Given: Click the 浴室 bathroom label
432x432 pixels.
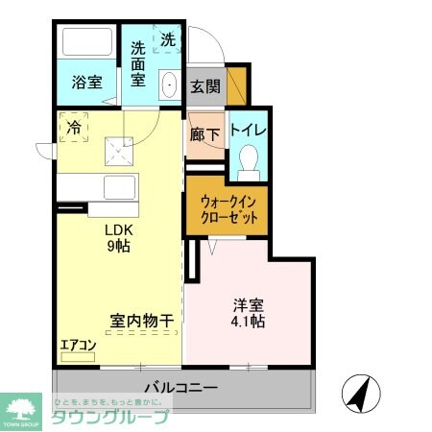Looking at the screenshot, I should [85, 83].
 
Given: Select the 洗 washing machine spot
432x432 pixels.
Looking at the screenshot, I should [167, 40].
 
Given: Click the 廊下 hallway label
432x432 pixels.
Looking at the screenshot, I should [204, 134].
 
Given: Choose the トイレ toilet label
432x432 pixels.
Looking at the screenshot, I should [249, 130].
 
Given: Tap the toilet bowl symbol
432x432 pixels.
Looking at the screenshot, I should [249, 159].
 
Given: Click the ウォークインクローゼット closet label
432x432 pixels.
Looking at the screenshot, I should [227, 209].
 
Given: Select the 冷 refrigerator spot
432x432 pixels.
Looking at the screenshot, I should [72, 126].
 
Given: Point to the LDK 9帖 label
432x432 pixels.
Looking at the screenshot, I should [117, 237].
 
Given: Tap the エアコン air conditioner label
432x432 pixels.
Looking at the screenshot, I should [78, 345].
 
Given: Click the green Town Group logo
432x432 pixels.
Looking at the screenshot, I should [22, 408].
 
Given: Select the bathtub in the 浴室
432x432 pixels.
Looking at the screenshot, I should [86, 43].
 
